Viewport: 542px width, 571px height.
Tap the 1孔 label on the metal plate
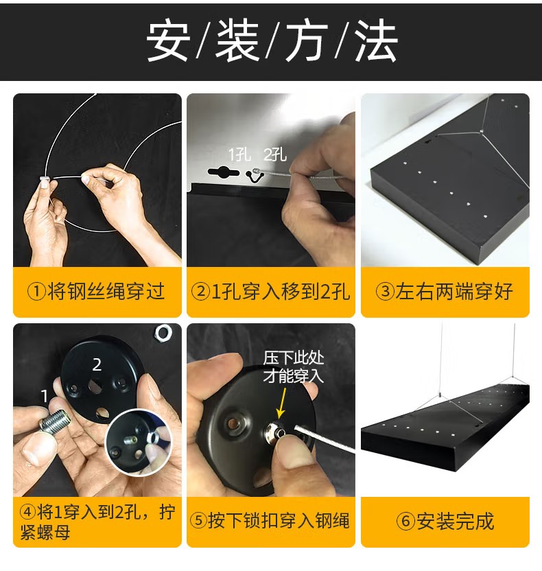tap(239, 155)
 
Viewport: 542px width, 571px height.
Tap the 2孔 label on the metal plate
tap(275, 155)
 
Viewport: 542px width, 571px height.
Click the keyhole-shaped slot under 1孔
tap(224, 172)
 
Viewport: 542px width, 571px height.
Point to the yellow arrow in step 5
tap(281, 404)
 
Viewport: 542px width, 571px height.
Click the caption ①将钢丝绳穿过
tap(96, 291)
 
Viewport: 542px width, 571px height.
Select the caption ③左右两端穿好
tap(445, 291)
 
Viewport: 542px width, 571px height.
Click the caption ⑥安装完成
tap(445, 521)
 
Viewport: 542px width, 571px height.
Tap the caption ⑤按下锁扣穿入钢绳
tap(270, 520)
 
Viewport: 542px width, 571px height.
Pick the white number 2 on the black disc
tap(97, 364)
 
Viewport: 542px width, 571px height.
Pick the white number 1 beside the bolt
tap(45, 396)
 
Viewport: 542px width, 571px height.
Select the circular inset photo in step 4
tap(139, 442)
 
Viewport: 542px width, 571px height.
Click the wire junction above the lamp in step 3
tap(481, 130)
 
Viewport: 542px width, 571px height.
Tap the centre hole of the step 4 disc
tap(96, 386)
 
